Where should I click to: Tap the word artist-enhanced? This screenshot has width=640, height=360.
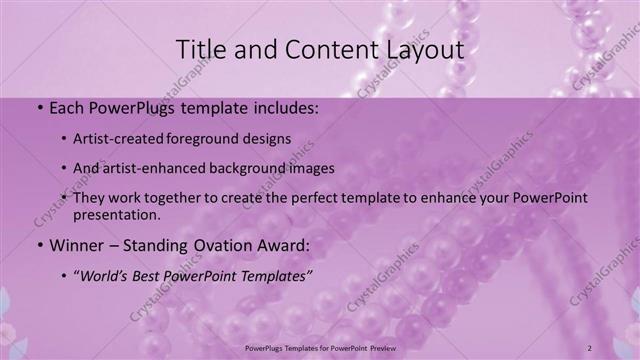(154, 169)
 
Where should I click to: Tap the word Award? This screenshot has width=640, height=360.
(289, 245)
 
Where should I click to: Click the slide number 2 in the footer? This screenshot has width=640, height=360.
(590, 348)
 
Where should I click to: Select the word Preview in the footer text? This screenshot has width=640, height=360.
(377, 348)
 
